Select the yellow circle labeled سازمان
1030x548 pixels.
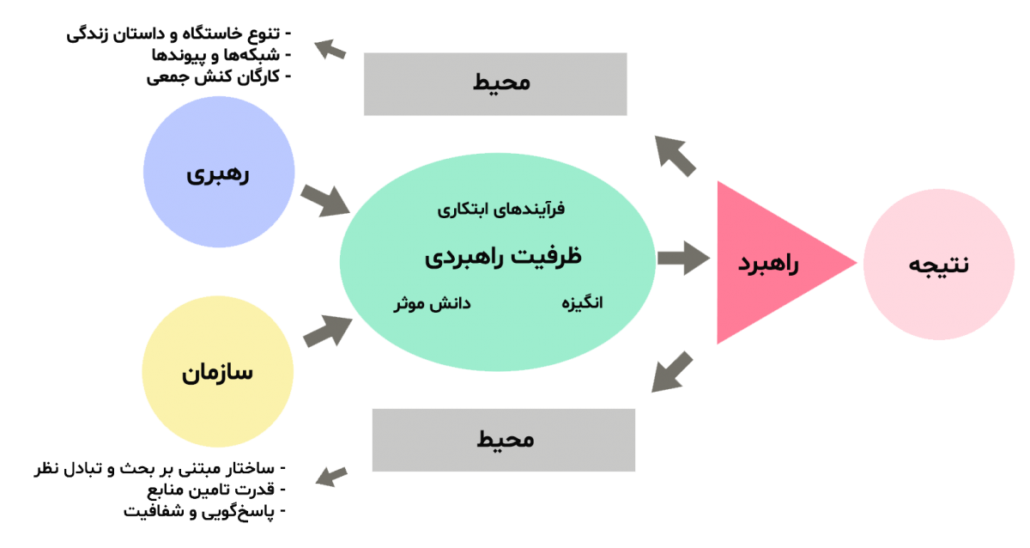coord(217,373)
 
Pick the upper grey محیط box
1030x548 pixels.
coord(495,83)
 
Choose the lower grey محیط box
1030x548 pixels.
coord(504,440)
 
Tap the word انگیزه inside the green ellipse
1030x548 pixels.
coord(583,303)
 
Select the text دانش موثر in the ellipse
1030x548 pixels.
coord(432,303)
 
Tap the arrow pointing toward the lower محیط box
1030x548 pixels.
coord(673,372)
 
